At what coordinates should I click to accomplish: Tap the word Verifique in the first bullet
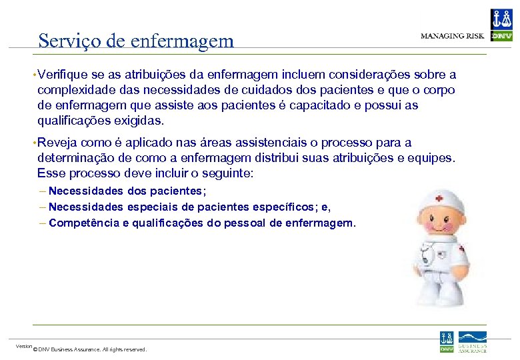pos(63,75)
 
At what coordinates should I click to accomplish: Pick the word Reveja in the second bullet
pos(57,143)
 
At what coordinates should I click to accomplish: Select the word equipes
pos(431,158)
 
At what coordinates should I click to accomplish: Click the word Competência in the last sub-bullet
pos(84,223)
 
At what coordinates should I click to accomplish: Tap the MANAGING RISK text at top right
pos(452,36)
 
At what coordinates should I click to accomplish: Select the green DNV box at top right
pos(501,36)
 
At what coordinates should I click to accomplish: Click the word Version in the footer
pos(24,346)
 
